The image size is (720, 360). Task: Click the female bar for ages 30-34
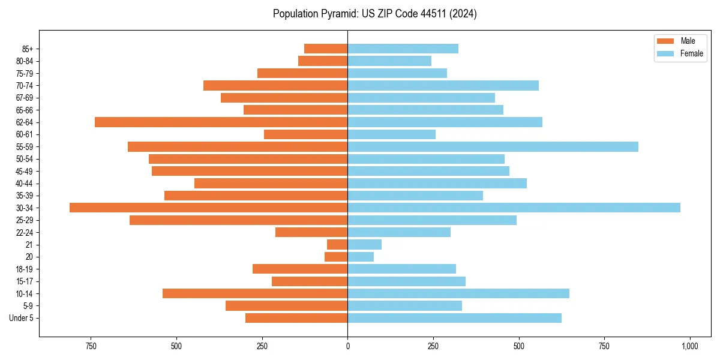pos(514,208)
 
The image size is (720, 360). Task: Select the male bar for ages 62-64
pos(221,122)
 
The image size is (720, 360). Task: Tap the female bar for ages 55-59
pos(493,146)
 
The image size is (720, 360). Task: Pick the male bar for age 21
pos(337,244)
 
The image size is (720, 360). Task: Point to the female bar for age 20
pos(361,257)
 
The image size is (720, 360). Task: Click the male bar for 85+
pos(326,49)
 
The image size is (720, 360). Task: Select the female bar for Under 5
pos(454,318)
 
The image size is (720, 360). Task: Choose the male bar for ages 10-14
pos(255,293)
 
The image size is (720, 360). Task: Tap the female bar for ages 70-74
pos(443,85)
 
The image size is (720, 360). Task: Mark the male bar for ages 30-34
pos(208,208)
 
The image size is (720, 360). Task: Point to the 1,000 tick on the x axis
pos(689,346)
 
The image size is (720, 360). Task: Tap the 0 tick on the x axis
pos(347,346)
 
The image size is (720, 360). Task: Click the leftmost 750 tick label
pos(91,346)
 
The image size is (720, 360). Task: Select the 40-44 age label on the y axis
pos(25,184)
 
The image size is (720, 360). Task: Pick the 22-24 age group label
pos(25,233)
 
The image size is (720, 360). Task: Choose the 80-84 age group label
pos(25,61)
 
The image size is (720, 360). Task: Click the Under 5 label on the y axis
pos(22,318)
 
